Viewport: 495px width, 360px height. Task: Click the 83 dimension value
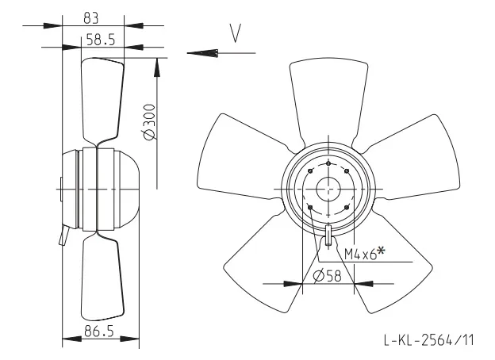(x=91, y=18)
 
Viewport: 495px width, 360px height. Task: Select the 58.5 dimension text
(x=101, y=40)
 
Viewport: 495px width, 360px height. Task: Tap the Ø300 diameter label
(x=150, y=122)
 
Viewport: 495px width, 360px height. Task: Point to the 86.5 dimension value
(x=99, y=331)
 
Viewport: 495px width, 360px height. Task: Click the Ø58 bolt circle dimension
(x=328, y=276)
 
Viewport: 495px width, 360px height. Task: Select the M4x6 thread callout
(x=360, y=254)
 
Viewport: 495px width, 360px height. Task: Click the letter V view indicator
(x=236, y=33)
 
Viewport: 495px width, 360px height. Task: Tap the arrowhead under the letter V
(x=202, y=53)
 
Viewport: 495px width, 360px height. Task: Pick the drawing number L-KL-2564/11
(x=428, y=340)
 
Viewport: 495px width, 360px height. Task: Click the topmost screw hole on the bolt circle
(x=328, y=163)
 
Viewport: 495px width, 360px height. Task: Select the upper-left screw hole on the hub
(x=310, y=171)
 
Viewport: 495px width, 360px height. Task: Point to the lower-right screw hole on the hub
(x=347, y=207)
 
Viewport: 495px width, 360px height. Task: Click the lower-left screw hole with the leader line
(x=310, y=207)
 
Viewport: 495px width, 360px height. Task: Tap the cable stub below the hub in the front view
(x=328, y=235)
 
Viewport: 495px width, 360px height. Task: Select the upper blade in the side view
(x=102, y=101)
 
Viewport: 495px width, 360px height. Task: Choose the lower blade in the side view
(x=102, y=277)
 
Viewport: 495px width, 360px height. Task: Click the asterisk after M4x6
(x=382, y=251)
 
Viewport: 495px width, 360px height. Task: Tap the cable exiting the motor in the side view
(x=64, y=236)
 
